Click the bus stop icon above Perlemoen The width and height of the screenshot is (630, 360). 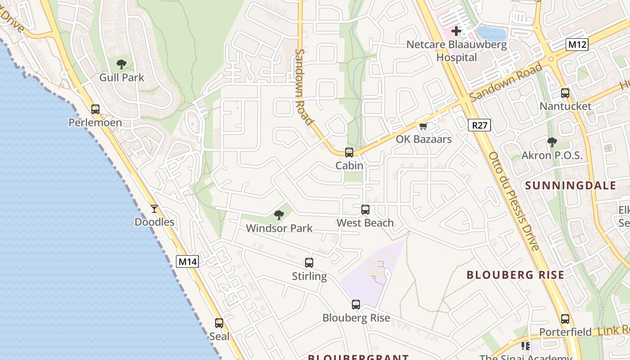click(x=95, y=109)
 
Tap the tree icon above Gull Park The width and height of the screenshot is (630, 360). click(x=121, y=64)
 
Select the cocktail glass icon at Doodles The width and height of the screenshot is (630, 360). click(x=154, y=209)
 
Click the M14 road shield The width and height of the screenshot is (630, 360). click(x=187, y=261)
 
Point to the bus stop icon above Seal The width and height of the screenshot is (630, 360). click(x=219, y=323)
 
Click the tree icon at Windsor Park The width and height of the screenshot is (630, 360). click(x=279, y=215)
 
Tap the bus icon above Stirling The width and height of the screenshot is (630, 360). click(x=309, y=263)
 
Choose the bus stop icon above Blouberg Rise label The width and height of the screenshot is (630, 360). click(x=356, y=305)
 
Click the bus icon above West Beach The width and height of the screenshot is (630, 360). click(x=365, y=210)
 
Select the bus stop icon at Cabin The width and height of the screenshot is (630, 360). click(x=349, y=153)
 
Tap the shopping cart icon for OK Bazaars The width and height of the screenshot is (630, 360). click(x=423, y=126)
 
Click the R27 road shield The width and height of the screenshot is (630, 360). click(x=479, y=125)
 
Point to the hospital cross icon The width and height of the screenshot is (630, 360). click(x=456, y=31)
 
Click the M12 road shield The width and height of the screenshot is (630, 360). click(x=577, y=45)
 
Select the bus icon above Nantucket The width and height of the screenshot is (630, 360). click(x=565, y=93)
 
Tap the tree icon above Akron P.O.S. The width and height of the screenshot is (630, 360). click(x=552, y=142)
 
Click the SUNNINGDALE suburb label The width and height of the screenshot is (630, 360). click(x=571, y=185)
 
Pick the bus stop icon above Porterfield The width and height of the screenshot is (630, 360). click(x=565, y=319)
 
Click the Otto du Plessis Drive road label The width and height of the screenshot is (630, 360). click(x=514, y=201)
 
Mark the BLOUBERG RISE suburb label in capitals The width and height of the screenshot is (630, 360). click(x=515, y=275)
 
